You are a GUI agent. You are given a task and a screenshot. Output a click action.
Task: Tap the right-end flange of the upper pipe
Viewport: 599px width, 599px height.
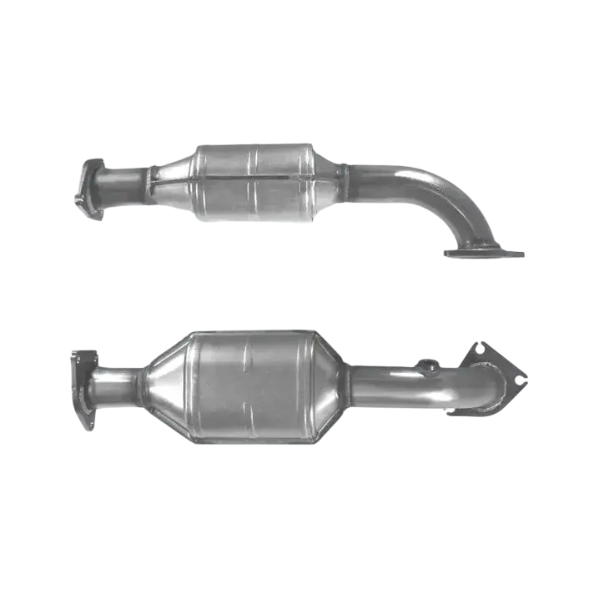tap(484, 249)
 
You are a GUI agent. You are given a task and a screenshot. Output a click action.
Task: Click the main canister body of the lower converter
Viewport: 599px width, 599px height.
tap(250, 385)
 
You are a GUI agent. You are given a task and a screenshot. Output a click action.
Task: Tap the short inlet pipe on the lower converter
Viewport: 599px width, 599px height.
tap(114, 386)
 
